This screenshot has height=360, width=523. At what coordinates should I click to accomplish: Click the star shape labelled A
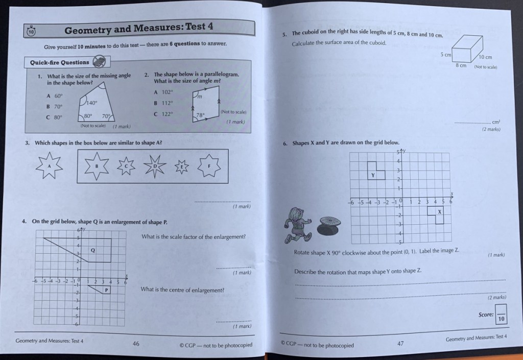(x=50, y=165)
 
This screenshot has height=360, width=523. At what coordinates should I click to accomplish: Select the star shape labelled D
(x=154, y=165)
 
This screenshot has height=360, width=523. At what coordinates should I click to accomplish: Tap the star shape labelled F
(x=209, y=165)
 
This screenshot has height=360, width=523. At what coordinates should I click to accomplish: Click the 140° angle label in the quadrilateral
(x=92, y=102)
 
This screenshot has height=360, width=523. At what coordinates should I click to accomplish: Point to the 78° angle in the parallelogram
(x=200, y=115)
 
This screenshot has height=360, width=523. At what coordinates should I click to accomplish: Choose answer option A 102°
(x=164, y=92)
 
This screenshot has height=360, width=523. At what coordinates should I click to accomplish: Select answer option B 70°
(x=54, y=106)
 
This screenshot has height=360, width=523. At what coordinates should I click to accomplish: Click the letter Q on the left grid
(x=92, y=250)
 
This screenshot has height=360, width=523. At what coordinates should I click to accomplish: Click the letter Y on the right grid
(x=373, y=175)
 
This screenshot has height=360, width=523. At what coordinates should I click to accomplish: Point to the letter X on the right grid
(x=439, y=211)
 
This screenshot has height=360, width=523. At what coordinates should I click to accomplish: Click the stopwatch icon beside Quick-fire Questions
(x=101, y=62)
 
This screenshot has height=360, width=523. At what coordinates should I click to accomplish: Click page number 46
(x=136, y=344)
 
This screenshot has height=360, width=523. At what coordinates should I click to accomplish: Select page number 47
(x=400, y=344)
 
